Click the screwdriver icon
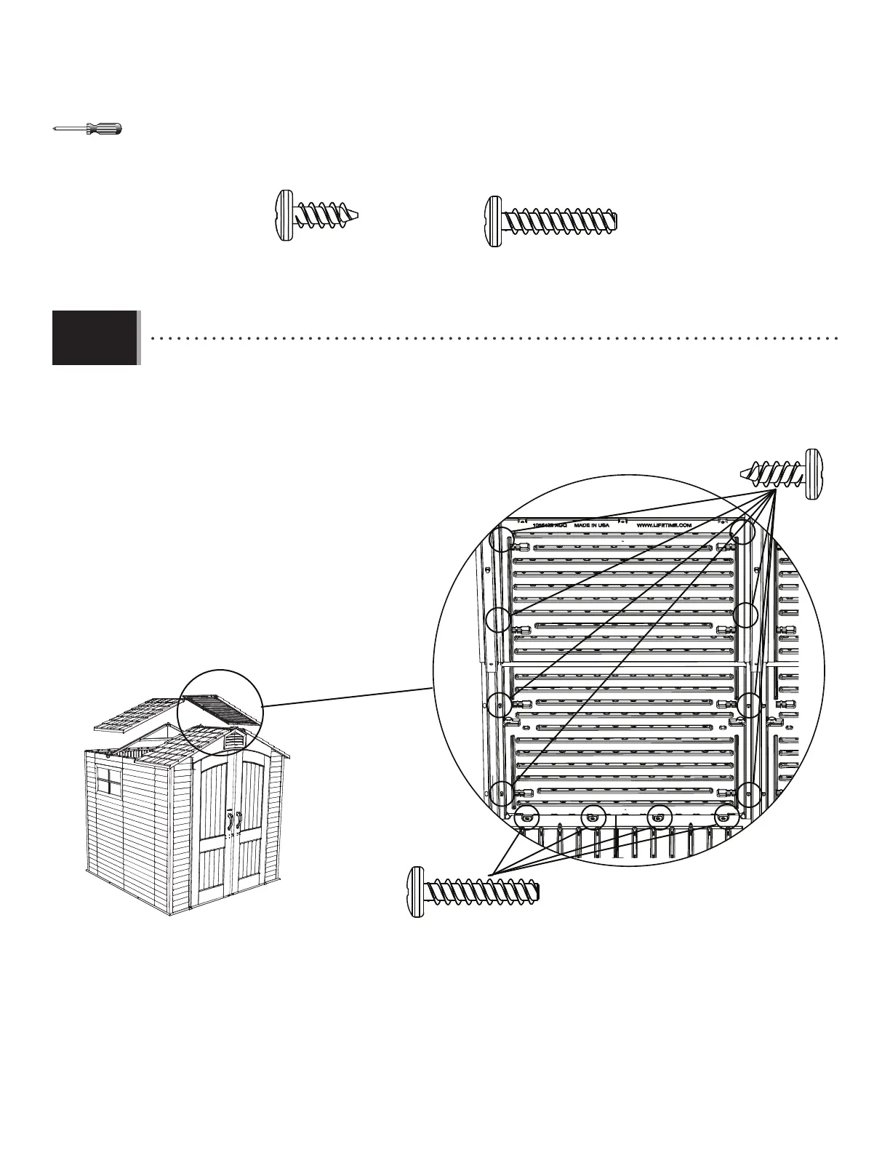[88, 129]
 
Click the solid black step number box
[95, 337]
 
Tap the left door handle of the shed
[229, 820]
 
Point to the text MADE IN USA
[593, 524]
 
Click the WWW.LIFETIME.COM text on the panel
[662, 524]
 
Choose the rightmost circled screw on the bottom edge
[723, 817]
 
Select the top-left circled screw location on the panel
[502, 539]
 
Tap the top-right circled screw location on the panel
[742, 530]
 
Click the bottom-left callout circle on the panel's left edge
[501, 793]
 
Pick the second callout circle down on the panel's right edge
[747, 615]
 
